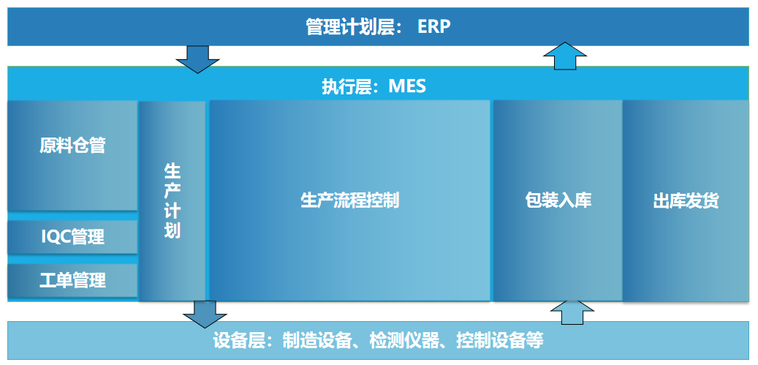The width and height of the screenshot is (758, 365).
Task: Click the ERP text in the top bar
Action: point(433,27)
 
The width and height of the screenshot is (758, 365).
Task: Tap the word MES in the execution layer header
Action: point(408,87)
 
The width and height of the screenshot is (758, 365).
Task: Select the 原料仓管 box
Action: point(72,156)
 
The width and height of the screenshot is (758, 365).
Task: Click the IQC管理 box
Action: point(72,238)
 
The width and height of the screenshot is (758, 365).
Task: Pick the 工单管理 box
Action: point(72,280)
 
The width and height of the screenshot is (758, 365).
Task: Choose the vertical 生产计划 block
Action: point(172,201)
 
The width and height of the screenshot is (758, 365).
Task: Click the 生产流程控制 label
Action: point(350,200)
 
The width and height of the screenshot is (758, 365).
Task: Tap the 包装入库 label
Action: point(558,200)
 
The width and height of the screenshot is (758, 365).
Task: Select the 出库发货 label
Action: point(686,200)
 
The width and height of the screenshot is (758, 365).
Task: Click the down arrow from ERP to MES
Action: point(197,59)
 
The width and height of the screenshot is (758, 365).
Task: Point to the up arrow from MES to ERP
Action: point(564,56)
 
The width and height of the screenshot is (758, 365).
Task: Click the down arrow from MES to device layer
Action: point(205,315)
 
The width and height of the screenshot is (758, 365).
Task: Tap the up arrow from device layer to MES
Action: point(572,312)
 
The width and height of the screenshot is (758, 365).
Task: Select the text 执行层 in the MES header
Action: point(347,87)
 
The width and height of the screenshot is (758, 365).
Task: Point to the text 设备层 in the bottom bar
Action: point(238,341)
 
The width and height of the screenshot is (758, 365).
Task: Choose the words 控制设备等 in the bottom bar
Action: point(500,341)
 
